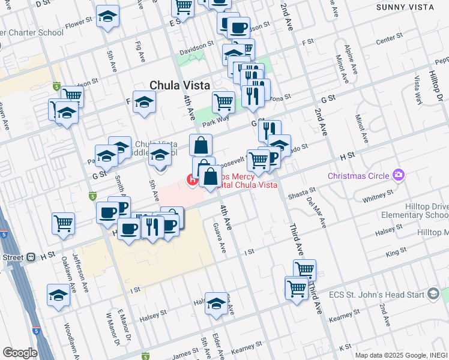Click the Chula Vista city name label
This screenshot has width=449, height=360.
[x=179, y=86]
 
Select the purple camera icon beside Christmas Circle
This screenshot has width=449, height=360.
[x=397, y=175]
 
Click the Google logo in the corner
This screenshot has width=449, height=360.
[x=20, y=353]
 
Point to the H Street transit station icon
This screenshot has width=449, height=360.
[x=31, y=257]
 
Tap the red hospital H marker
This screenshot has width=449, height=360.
[x=193, y=178]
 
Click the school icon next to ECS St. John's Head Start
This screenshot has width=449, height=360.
[x=434, y=293]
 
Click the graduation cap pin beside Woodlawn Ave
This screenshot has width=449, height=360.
[x=58, y=296]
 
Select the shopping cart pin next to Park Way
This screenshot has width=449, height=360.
[x=223, y=101]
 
